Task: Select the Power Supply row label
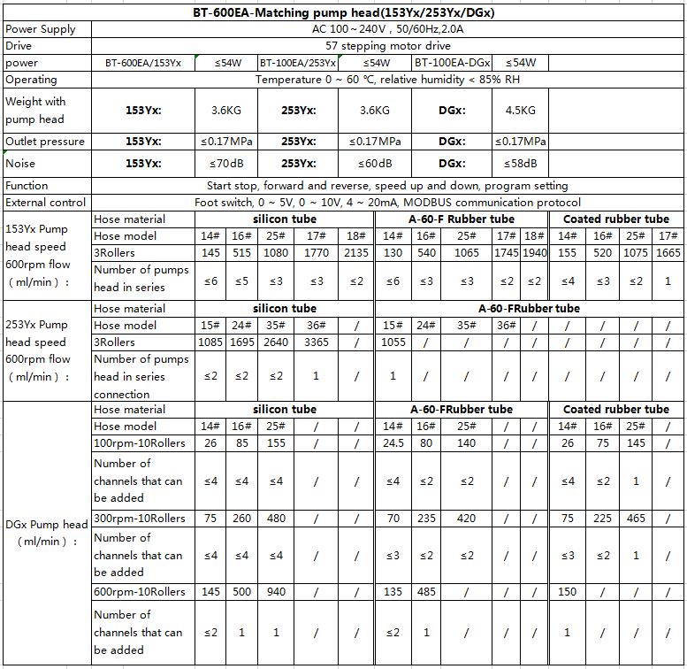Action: coord(41,29)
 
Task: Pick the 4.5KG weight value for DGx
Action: coord(520,111)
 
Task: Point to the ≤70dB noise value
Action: coord(225,164)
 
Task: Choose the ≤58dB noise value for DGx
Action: coord(520,164)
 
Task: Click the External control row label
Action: coord(45,203)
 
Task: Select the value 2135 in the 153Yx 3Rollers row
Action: coord(356,253)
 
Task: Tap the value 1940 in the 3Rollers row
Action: coord(534,253)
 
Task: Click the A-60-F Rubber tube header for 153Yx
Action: coord(461,219)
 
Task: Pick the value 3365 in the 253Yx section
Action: coord(317,342)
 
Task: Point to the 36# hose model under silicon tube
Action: coord(317,326)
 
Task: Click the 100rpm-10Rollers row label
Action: coord(140,442)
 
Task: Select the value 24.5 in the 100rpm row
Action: coord(393,442)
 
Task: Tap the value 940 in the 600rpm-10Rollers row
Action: coord(276,591)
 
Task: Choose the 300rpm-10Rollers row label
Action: coord(140,518)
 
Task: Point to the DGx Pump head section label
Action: coord(46,533)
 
